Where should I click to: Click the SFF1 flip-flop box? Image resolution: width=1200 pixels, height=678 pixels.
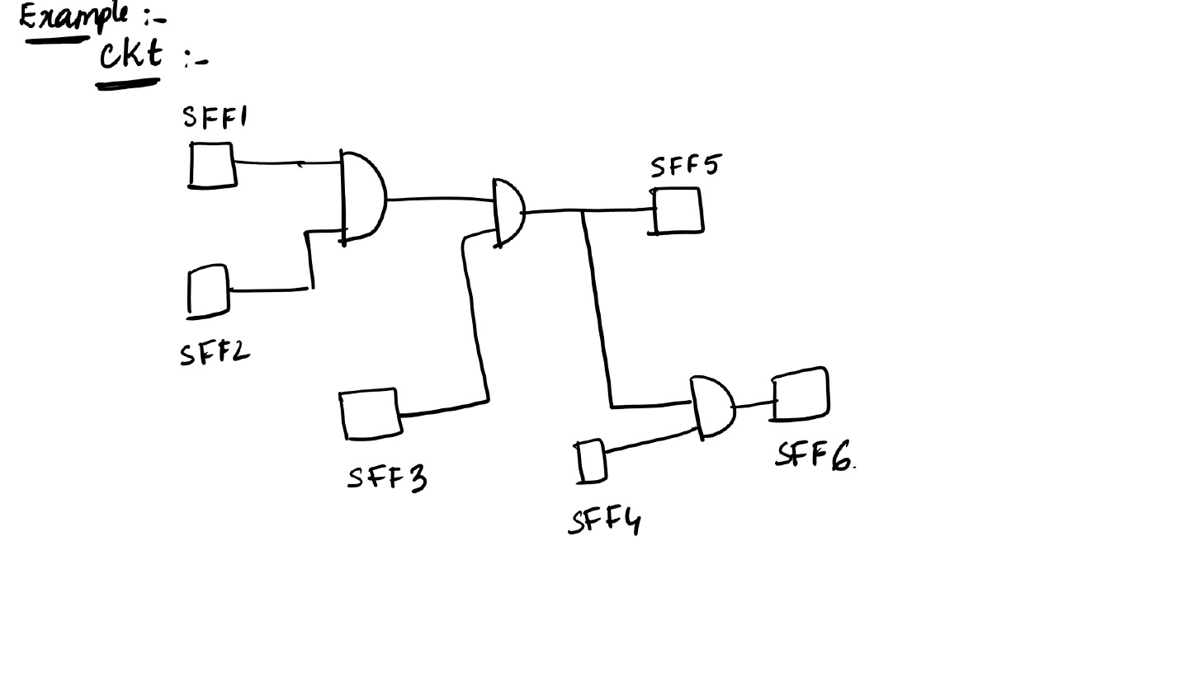coord(212,165)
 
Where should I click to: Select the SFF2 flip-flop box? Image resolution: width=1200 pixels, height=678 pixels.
coord(209,290)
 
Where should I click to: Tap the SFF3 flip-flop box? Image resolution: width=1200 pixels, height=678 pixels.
coord(371,414)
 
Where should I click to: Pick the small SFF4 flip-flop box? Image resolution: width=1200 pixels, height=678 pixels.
coord(591,461)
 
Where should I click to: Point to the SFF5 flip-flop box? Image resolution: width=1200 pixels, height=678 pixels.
coord(678,210)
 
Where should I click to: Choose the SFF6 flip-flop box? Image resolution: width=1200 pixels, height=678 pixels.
coord(801,394)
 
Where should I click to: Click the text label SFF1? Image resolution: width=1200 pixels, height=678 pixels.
coord(214,118)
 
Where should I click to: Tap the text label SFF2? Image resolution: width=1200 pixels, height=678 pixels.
coord(214,354)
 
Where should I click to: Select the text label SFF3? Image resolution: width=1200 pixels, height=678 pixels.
coord(387,478)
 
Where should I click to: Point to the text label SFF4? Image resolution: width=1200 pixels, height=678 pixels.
coord(605,521)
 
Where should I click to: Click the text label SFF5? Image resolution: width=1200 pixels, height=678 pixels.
coord(684,166)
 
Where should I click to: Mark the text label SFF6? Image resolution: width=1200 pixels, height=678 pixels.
coord(814,454)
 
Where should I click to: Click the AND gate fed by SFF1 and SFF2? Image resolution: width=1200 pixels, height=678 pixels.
coord(362,197)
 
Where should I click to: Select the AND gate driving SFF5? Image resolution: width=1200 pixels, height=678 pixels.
coord(508,212)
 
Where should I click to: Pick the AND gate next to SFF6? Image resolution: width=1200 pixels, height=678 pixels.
coord(713,407)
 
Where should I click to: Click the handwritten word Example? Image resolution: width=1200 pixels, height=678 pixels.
coord(74,16)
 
